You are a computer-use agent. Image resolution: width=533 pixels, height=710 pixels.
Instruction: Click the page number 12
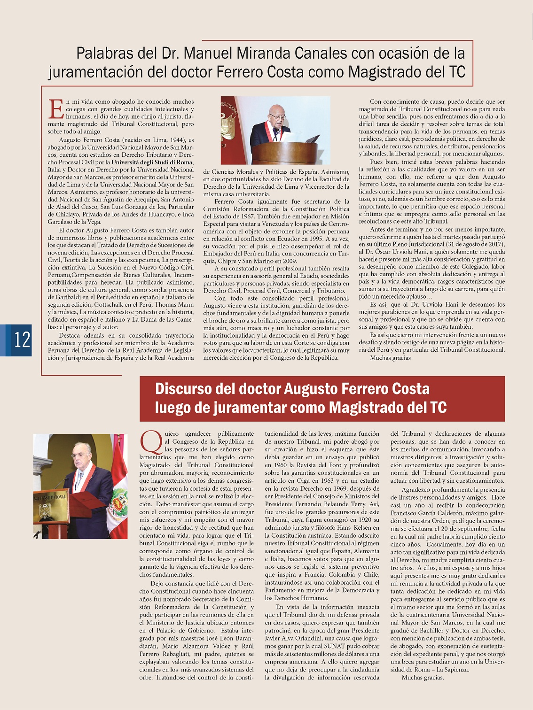coord(22,339)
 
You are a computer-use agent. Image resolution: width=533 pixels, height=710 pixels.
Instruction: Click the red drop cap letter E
coord(56,109)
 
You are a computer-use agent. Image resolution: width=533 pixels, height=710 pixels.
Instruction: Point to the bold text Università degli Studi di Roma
coord(152,162)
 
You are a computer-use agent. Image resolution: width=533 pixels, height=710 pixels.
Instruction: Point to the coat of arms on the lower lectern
coord(46,511)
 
